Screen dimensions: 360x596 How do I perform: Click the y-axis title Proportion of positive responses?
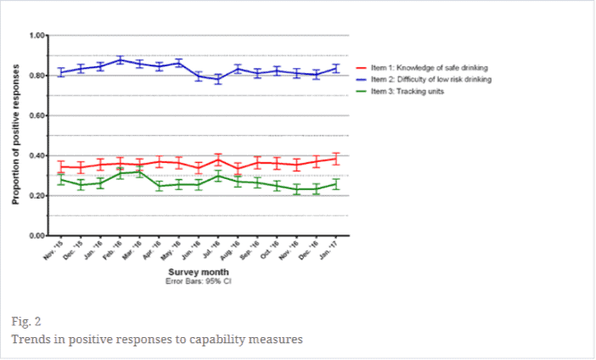pyautogui.click(x=16, y=135)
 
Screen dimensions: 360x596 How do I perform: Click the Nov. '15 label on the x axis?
pyautogui.click(x=53, y=248)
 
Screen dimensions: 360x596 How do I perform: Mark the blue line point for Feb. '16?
pyautogui.click(x=120, y=59)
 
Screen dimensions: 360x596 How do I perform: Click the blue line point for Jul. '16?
pyautogui.click(x=218, y=79)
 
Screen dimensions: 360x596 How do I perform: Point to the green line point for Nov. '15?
pyautogui.click(x=60, y=179)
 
